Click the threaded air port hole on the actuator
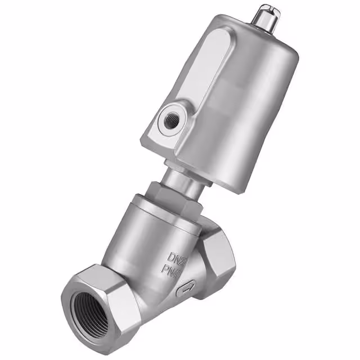point(169,120)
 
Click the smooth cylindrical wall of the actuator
point(247,112)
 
